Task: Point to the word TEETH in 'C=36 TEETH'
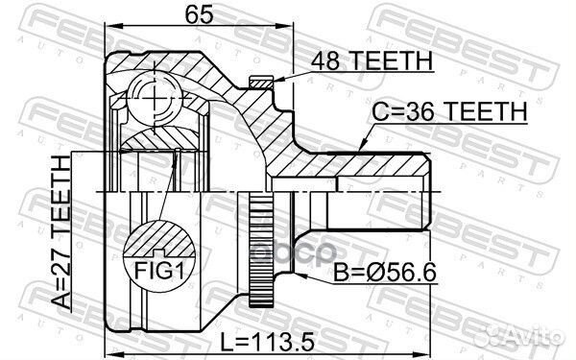click(x=488, y=111)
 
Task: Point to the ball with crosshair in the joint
click(x=155, y=96)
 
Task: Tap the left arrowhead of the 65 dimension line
click(x=107, y=30)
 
